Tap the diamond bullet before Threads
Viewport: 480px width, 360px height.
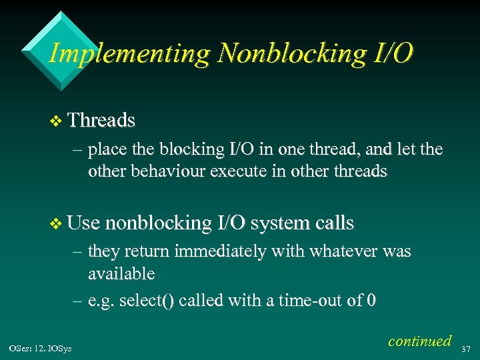[x=55, y=121]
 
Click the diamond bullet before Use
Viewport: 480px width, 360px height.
[x=55, y=223]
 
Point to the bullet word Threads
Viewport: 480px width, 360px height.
[x=101, y=121]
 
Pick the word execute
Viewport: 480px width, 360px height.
[x=238, y=171]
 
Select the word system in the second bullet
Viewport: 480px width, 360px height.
[x=278, y=223]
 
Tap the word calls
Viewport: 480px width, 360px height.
[x=333, y=223]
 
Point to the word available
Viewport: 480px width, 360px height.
[x=121, y=273]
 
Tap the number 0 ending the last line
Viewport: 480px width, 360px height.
[x=371, y=301]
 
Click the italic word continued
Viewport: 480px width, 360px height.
[x=419, y=341]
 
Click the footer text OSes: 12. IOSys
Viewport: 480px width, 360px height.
[x=41, y=347]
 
